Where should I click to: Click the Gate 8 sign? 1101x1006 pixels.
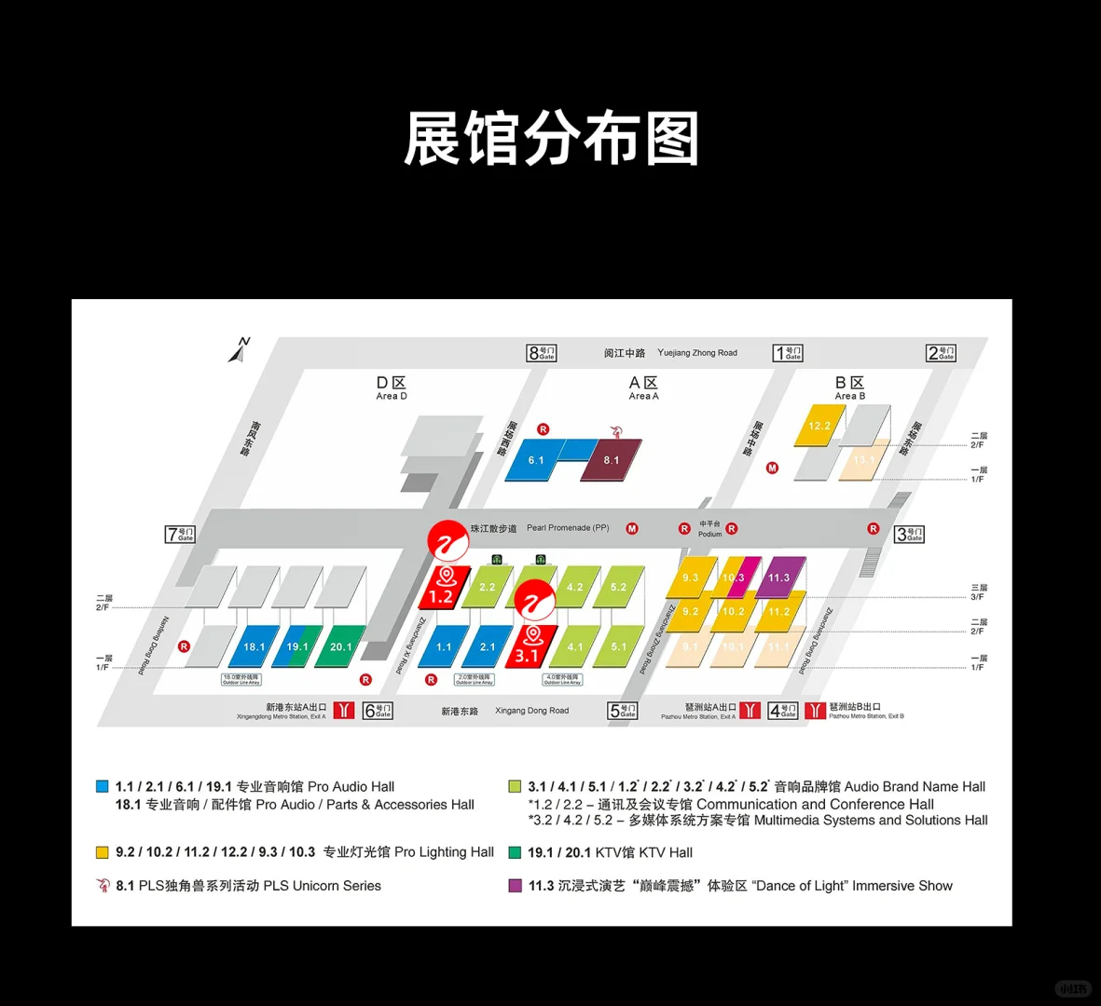coord(542,353)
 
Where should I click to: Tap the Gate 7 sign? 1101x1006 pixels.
coord(180,534)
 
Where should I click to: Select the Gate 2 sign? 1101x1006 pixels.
coord(941,353)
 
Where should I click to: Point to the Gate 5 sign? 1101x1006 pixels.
coord(622,711)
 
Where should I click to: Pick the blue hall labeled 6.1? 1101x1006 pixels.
coord(536,460)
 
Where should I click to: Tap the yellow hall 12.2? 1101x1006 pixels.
coord(819,426)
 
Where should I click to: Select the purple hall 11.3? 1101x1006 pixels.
coord(779,578)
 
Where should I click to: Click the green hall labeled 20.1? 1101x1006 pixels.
coord(341,646)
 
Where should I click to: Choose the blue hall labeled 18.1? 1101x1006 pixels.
coord(254,646)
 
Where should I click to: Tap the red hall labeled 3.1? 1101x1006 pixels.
coord(528,655)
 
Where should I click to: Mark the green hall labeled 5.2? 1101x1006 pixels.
coord(619,587)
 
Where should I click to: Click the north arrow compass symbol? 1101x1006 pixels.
coord(240,350)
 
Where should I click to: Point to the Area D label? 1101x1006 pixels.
coord(392,388)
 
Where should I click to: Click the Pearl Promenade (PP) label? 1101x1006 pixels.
coord(567,528)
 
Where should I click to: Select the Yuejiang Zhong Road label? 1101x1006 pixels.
coord(696,353)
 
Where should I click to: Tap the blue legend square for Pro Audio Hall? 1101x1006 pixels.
coord(103,786)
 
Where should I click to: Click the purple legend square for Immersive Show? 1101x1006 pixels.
coord(515,886)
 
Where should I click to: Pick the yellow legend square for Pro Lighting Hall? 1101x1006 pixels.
coord(103,852)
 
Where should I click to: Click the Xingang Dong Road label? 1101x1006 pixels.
coord(531,711)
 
